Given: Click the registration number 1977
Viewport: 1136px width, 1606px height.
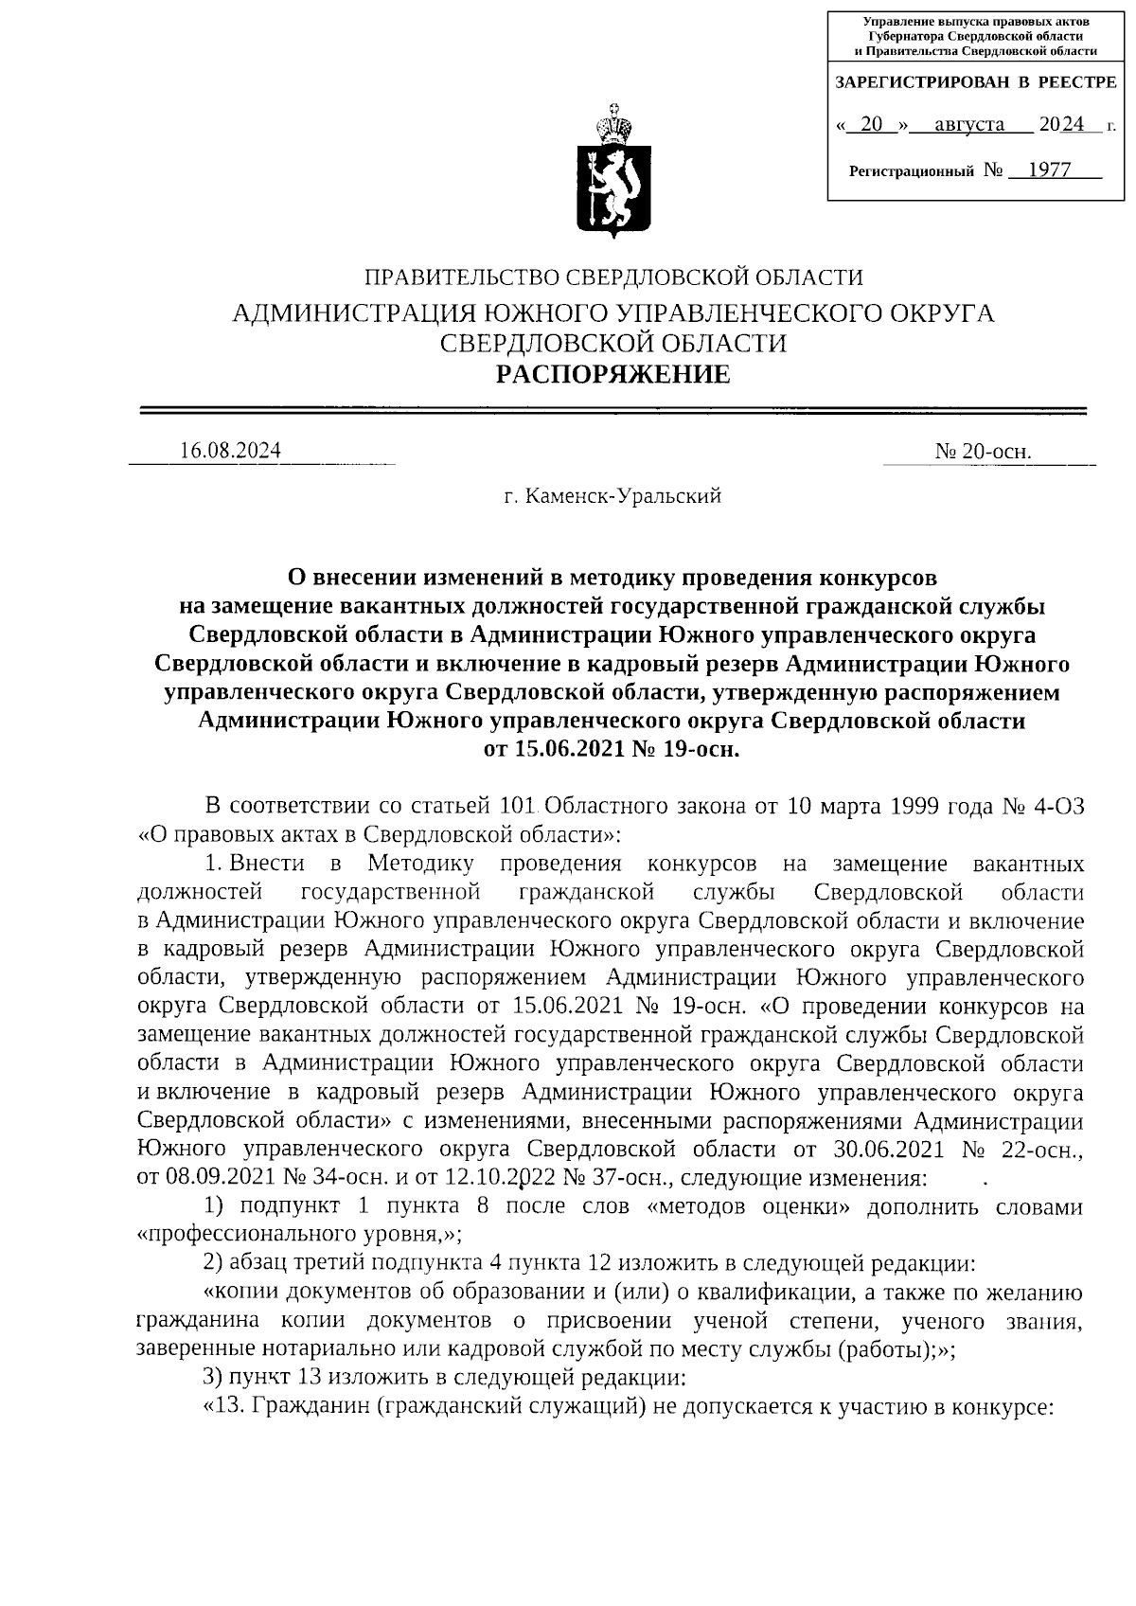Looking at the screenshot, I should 1048,170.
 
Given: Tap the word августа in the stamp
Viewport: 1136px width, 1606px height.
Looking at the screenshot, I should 968,125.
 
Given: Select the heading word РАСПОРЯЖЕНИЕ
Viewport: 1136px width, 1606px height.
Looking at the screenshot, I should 614,376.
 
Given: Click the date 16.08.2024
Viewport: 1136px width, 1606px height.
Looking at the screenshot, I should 231,451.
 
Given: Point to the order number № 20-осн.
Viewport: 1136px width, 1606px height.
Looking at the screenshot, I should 983,453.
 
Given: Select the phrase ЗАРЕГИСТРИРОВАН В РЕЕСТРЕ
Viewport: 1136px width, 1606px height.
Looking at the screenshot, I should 975,84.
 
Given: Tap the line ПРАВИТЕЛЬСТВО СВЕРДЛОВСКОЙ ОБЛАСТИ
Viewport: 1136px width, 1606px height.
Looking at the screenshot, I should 614,277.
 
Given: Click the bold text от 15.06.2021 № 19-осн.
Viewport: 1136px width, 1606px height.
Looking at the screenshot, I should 612,749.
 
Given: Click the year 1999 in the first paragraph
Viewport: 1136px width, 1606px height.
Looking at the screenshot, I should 914,807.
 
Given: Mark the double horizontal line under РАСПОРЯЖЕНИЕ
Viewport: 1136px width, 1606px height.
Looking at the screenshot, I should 613,411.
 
